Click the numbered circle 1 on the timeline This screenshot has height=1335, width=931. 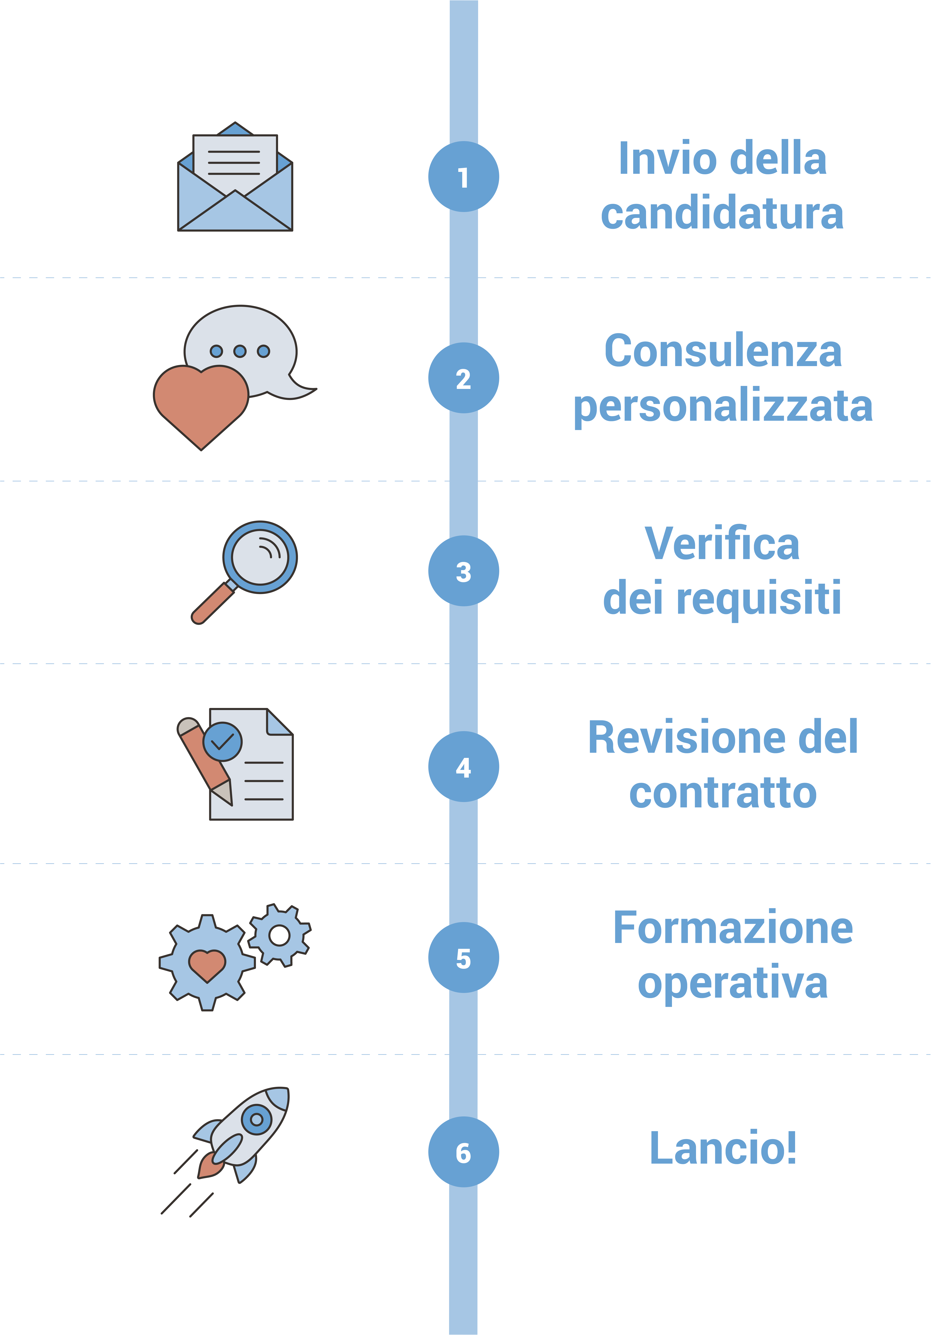[463, 177]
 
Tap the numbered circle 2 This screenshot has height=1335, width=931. [463, 378]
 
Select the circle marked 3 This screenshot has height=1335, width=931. [463, 571]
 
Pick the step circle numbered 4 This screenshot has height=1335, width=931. [463, 766]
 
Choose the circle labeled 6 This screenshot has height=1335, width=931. [463, 1152]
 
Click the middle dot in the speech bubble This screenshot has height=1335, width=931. [240, 351]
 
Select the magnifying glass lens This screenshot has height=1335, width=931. [260, 556]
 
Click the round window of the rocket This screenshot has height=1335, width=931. [256, 1119]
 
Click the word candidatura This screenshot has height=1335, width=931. [722, 214]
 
